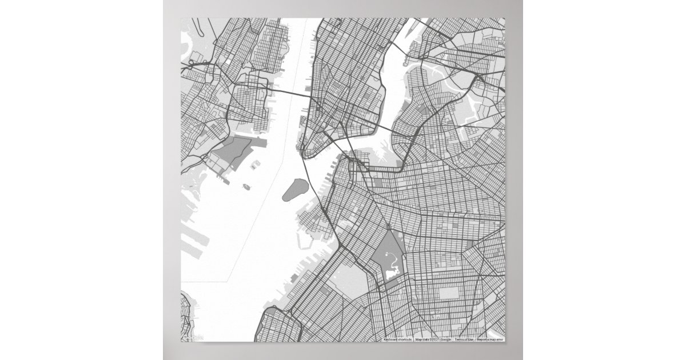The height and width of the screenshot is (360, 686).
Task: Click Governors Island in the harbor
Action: point(294,190)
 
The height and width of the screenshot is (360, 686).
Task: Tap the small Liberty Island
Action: point(246,186)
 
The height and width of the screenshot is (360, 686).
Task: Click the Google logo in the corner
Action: point(193,337)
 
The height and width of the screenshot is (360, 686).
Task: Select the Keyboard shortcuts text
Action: point(398,339)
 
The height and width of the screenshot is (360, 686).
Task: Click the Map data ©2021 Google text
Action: point(432,339)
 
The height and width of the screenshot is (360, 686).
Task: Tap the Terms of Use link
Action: point(464,339)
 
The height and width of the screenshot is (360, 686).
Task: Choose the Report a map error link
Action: point(490,339)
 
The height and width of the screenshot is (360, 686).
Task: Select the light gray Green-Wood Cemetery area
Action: point(349,280)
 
